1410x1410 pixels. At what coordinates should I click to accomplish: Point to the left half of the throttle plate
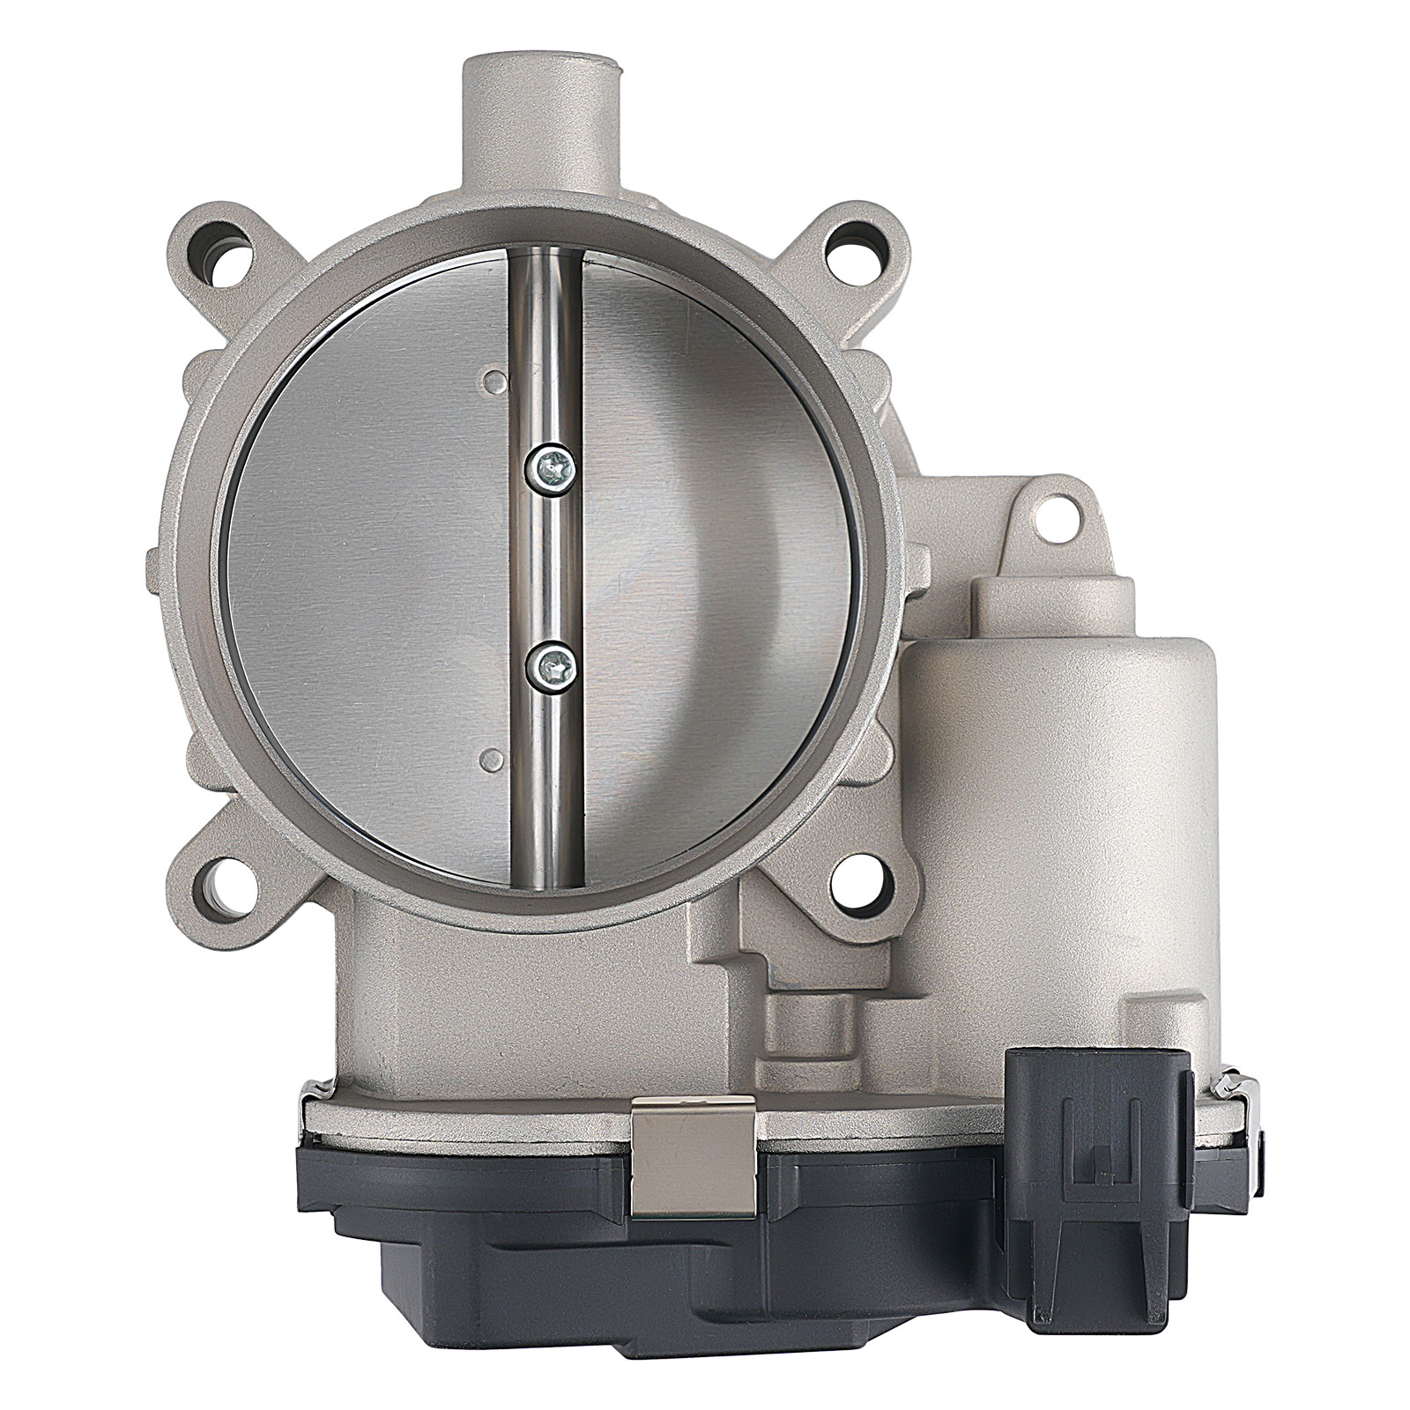click(370, 564)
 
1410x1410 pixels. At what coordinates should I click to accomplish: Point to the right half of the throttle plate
click(723, 564)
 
